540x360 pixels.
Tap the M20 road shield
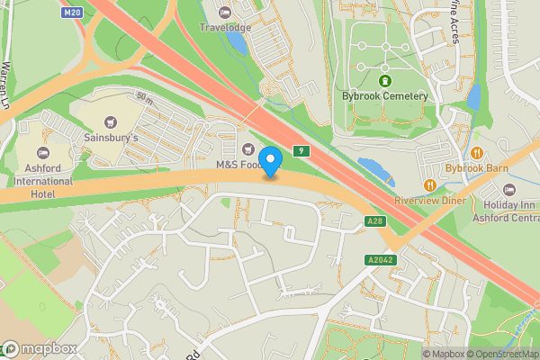coord(73,13)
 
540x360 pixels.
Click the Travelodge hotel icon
coord(224,13)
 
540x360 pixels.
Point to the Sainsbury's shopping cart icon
coord(111,122)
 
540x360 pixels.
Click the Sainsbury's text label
coord(112,139)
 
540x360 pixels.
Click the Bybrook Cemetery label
coord(384,95)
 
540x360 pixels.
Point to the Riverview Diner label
coord(430,201)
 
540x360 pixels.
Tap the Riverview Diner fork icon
coord(430,185)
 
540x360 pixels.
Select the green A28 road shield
coord(376,221)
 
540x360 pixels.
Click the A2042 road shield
coord(381,260)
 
